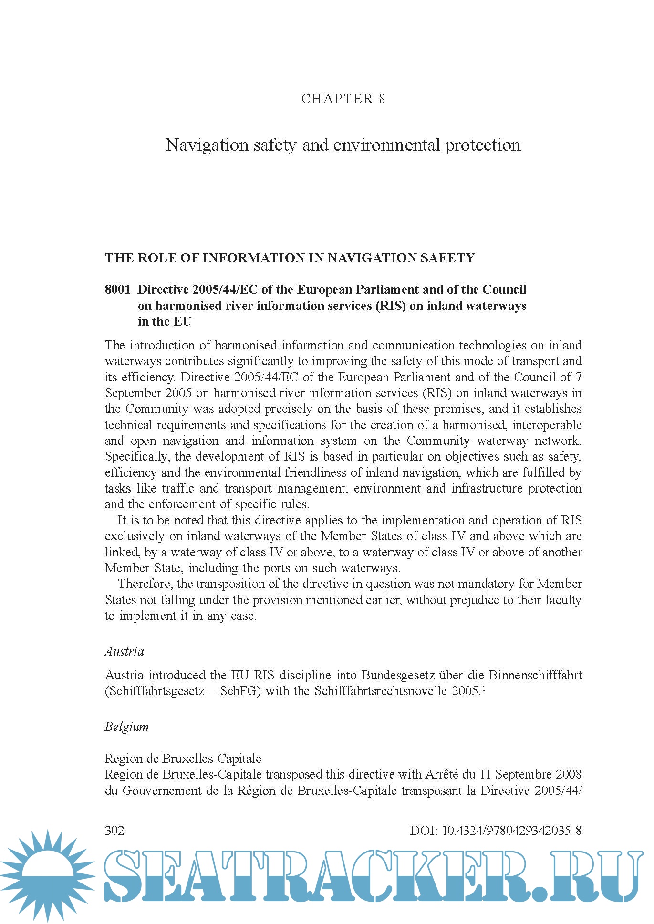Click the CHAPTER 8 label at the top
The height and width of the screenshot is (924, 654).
[x=343, y=99]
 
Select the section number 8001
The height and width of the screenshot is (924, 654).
[x=117, y=289]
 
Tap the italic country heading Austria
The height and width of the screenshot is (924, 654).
[x=124, y=651]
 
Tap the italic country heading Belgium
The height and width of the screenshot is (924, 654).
[x=126, y=727]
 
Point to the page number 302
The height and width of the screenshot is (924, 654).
[x=114, y=831]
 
